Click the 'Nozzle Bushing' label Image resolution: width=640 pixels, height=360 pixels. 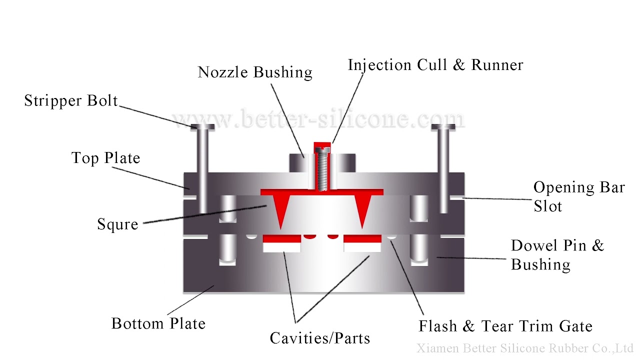[255, 72]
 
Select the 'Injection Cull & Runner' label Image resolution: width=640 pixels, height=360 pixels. [435, 65]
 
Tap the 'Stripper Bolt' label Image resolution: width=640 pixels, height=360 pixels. [71, 101]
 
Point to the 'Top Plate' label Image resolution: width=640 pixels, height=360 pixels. [105, 158]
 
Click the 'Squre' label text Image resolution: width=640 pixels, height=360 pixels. [117, 224]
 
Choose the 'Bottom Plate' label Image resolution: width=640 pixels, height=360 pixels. [158, 323]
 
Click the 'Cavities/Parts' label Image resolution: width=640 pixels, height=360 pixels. [320, 338]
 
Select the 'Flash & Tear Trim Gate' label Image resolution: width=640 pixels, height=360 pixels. [505, 326]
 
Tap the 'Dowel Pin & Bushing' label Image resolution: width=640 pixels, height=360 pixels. [557, 254]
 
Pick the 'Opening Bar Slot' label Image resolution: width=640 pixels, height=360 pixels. [578, 196]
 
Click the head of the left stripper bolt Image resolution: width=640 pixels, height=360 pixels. [202, 127]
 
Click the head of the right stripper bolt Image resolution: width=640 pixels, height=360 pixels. [443, 127]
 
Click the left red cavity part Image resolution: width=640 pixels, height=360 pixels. [281, 238]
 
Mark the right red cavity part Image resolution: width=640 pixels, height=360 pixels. [362, 238]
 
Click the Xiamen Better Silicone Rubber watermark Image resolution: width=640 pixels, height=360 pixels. [525, 348]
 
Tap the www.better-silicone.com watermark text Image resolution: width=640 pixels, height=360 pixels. [320, 120]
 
